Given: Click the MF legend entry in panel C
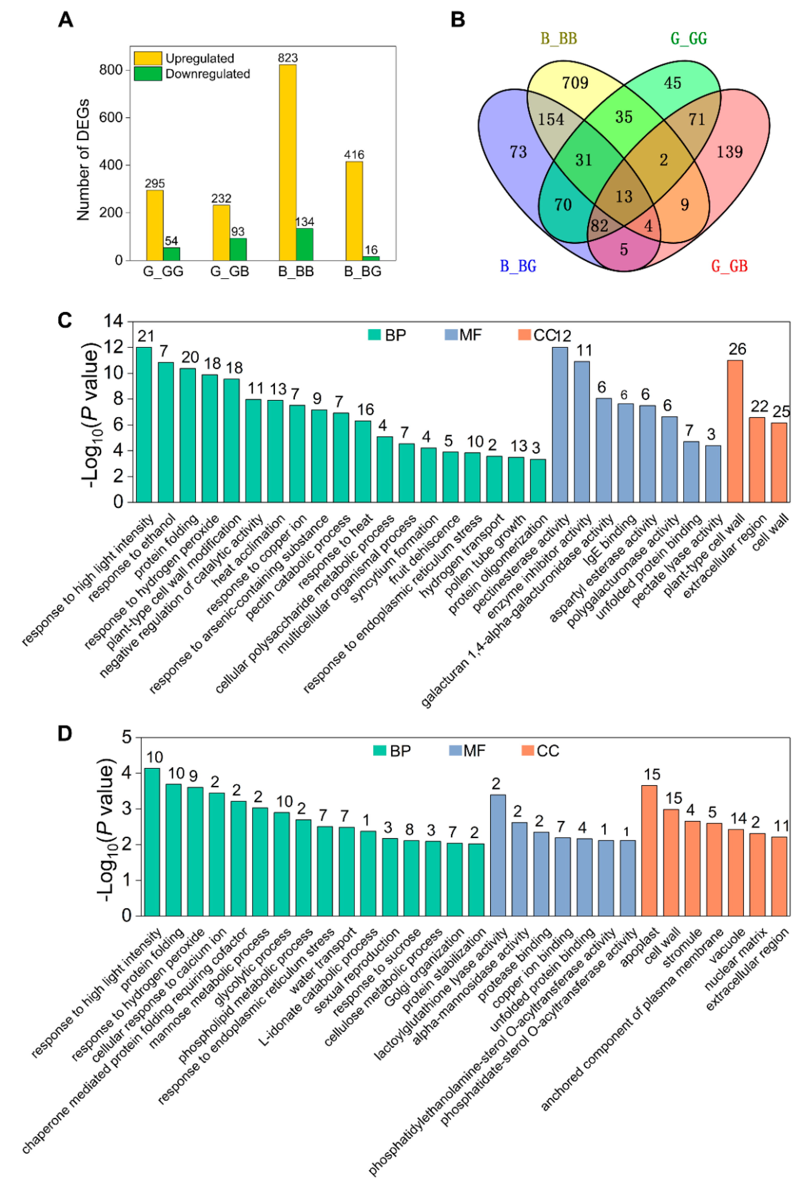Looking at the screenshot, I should [x=463, y=335].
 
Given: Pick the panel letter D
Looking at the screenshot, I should [x=65, y=734].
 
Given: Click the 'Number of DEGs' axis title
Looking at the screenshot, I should [x=83, y=160].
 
